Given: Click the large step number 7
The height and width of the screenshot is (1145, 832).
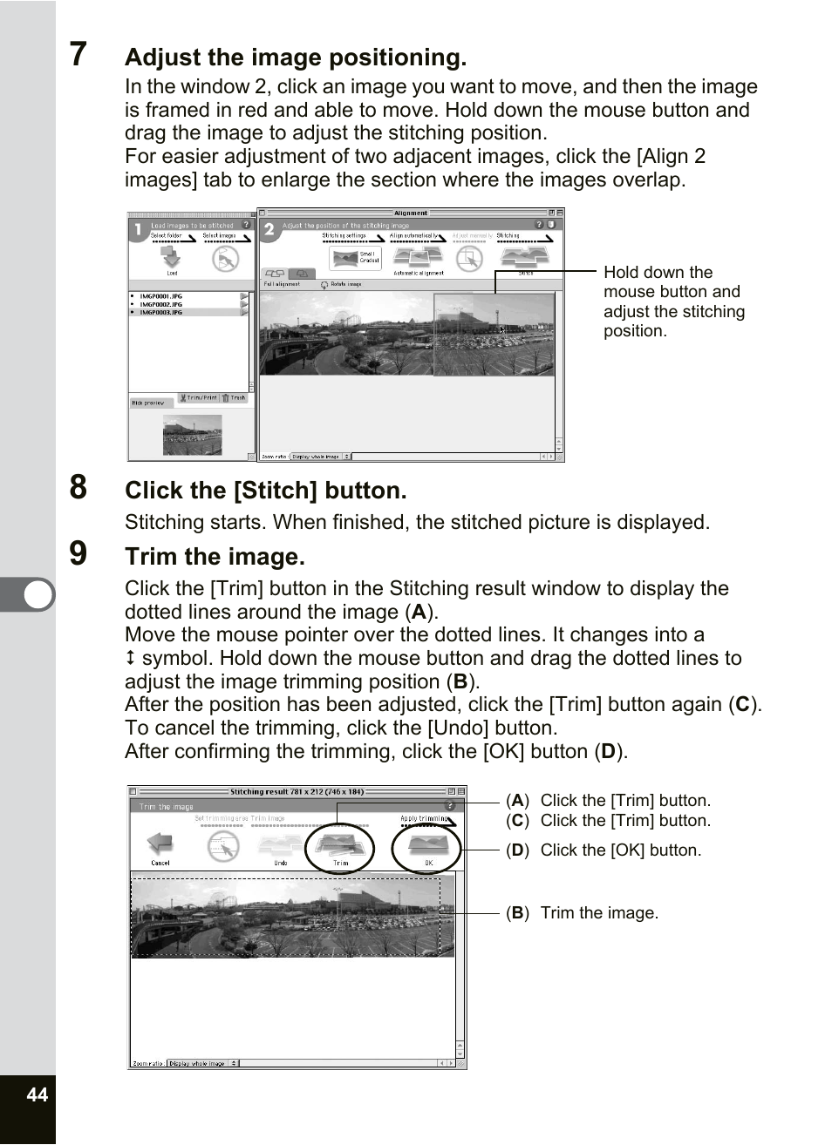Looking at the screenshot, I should coord(78,54).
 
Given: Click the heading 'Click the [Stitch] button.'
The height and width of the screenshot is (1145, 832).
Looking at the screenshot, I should coord(265,491).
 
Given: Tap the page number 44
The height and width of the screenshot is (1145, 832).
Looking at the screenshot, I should coord(37,1094).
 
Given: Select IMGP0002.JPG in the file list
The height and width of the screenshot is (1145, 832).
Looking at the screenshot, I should coord(161,304).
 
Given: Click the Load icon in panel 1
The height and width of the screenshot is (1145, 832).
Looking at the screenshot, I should coord(172,258).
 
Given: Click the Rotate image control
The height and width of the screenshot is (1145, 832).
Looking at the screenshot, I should coord(341,284).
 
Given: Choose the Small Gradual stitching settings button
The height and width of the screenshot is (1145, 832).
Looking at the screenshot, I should coord(356,257).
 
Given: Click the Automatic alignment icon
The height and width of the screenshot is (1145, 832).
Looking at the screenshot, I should coord(418,258).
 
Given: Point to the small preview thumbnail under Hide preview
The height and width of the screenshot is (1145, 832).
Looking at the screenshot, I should coord(192,434).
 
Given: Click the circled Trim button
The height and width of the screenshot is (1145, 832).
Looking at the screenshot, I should coord(340,847).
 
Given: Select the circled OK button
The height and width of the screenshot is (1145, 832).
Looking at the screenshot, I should coord(427,847).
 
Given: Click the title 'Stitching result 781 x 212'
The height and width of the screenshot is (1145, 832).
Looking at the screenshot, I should coord(297,792).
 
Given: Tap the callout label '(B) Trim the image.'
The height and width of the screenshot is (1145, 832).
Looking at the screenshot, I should coord(583,912).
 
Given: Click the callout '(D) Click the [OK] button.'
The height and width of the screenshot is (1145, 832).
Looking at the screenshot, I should coord(604,850).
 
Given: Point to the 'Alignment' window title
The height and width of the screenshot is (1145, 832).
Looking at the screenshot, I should coord(411,213).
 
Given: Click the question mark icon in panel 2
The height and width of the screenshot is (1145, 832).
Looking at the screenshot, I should coord(538,225).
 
